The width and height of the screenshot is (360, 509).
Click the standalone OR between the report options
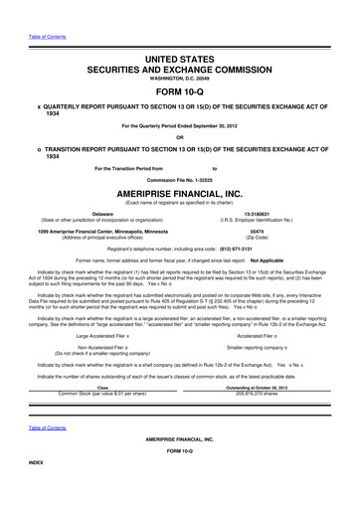pyautogui.click(x=180, y=137)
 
